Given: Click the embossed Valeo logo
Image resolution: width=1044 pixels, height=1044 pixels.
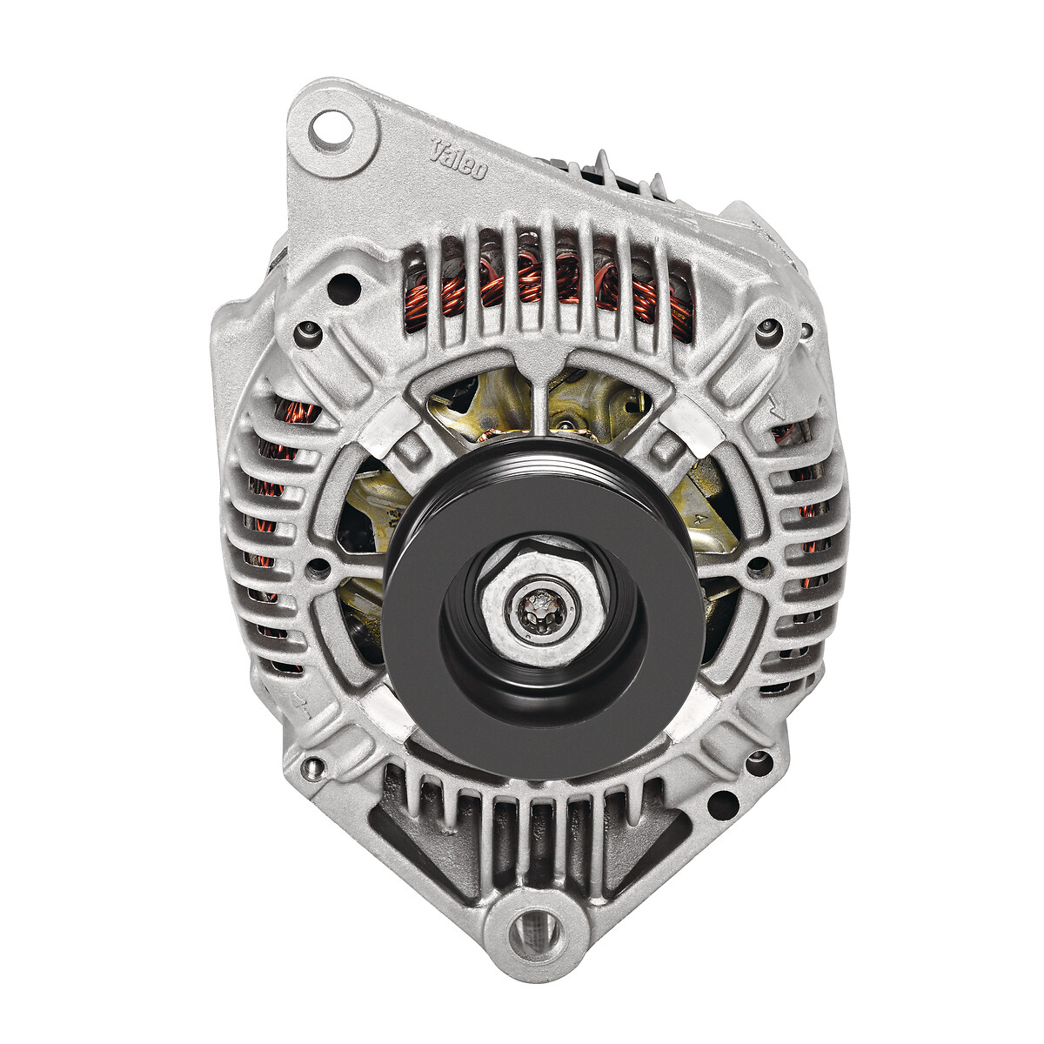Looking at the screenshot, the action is (458, 158).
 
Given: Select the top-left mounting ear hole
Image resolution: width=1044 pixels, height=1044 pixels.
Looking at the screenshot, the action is (331, 129).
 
